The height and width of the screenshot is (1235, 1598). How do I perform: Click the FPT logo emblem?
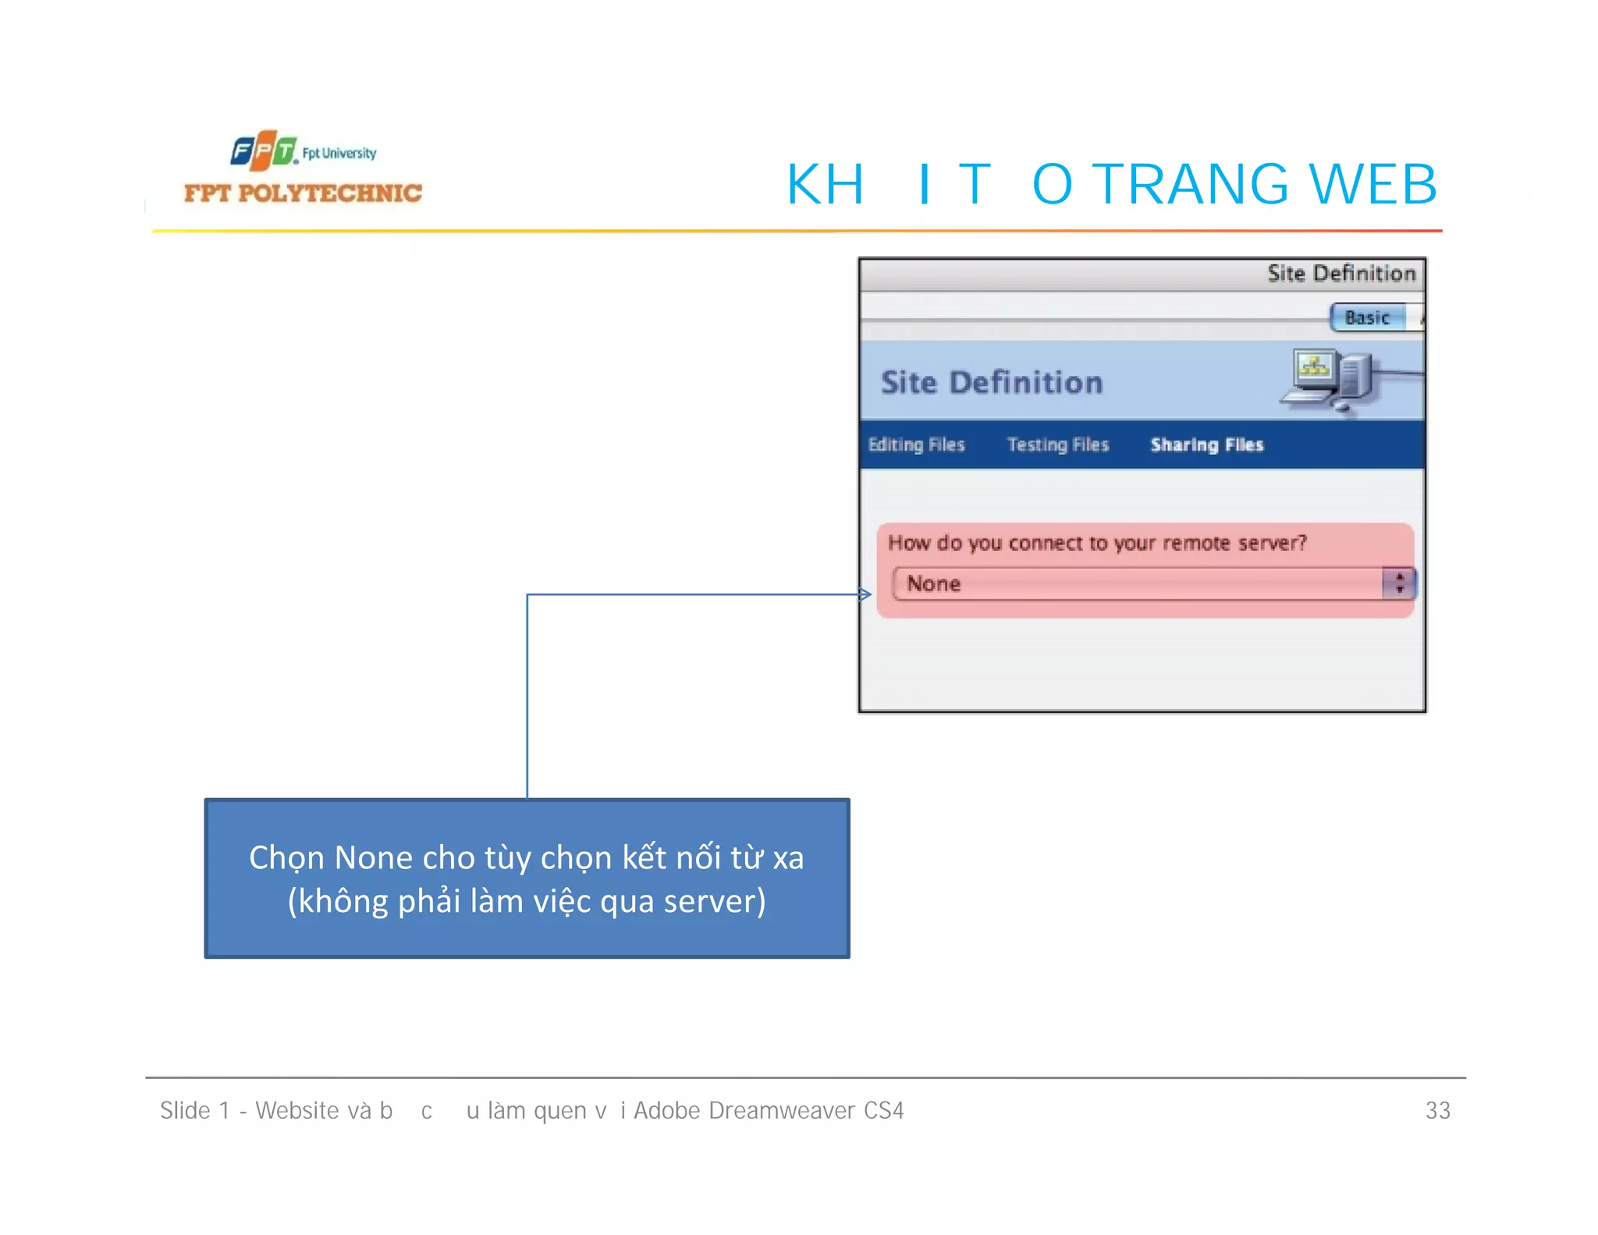(x=264, y=150)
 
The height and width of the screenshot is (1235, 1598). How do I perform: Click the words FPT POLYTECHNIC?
(x=303, y=193)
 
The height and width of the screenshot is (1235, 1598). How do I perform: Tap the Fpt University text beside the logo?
(x=339, y=153)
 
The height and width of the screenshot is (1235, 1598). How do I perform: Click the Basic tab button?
(x=1367, y=318)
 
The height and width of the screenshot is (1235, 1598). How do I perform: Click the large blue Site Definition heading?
(x=991, y=382)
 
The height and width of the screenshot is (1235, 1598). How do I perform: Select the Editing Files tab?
(x=916, y=445)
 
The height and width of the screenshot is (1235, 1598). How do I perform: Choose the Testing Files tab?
(x=1057, y=445)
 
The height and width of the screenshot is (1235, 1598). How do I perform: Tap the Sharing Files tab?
(x=1206, y=445)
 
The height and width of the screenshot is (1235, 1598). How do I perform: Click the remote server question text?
(x=1096, y=543)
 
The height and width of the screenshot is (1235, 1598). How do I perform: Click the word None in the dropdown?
(x=933, y=584)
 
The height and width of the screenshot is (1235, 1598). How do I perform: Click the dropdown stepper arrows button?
(x=1399, y=583)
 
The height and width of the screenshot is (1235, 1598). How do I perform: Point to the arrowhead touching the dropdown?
(x=865, y=594)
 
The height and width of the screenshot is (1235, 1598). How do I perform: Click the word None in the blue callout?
(x=374, y=857)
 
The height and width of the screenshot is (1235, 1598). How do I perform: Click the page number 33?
(x=1437, y=1110)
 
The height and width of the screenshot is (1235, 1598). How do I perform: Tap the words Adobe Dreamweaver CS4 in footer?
(x=768, y=1110)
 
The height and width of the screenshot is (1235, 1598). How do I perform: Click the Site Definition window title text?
(x=1341, y=273)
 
